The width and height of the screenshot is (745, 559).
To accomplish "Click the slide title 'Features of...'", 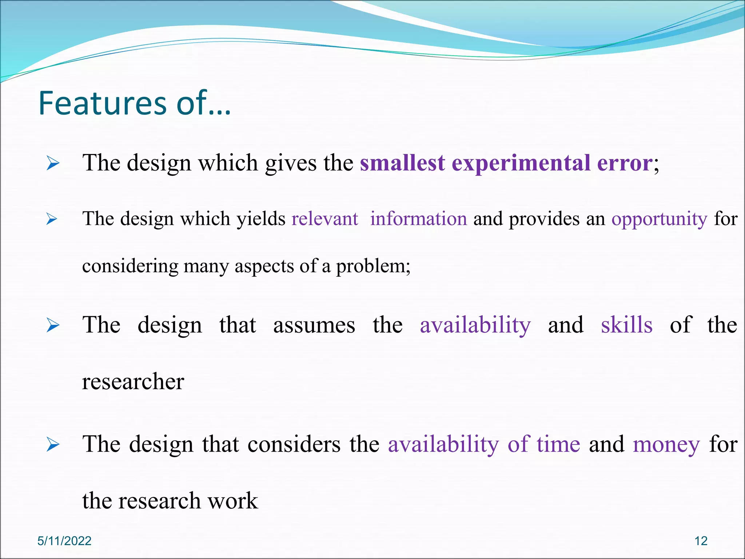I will (135, 103).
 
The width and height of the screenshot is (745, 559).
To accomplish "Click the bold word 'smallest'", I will (402, 163).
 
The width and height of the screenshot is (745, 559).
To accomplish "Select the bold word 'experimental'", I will (521, 163).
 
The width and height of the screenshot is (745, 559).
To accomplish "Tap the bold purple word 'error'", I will (625, 163).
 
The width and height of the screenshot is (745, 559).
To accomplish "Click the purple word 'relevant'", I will (325, 219).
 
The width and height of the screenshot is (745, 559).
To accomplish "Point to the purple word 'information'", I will (418, 219).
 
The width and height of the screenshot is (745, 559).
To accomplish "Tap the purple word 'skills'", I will (626, 325).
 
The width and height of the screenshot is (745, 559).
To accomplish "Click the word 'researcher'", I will (133, 382).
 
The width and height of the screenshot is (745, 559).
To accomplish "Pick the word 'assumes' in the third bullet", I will (314, 325).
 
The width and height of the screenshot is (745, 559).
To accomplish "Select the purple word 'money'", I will (666, 445).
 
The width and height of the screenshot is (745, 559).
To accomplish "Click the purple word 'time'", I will (558, 444).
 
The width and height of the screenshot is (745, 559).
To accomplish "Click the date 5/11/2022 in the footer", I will (64, 541).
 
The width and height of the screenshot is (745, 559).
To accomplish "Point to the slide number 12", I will (701, 541).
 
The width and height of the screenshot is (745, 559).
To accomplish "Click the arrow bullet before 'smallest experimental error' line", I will (53, 164).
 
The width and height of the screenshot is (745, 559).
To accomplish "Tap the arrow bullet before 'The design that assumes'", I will (53, 325).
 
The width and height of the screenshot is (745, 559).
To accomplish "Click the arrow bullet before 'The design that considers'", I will (53, 445).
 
